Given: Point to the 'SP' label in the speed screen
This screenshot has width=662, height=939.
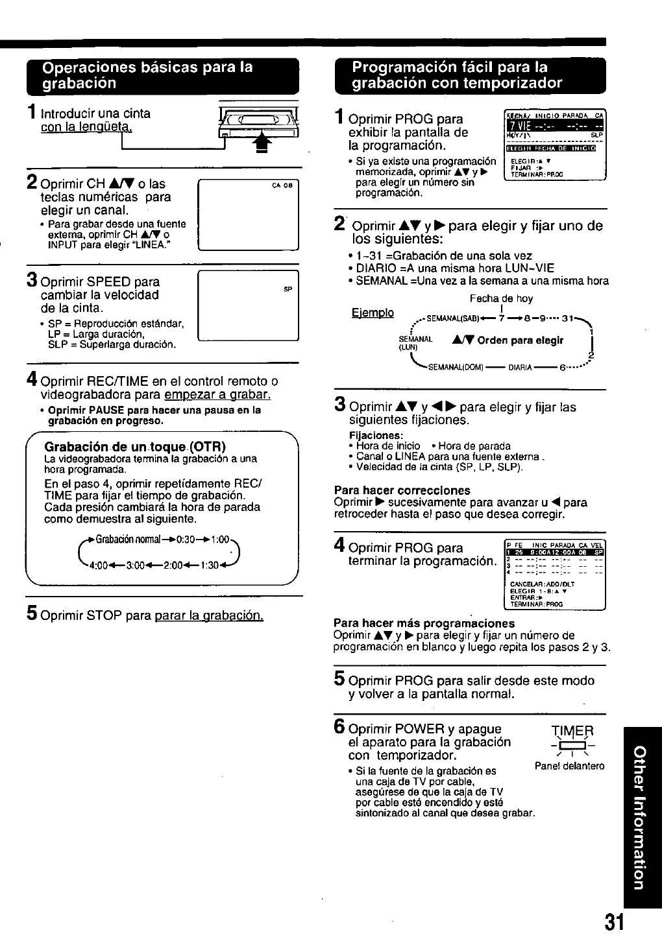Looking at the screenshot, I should tap(288, 289).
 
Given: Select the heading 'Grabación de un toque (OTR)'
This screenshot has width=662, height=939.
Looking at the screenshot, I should tap(134, 447).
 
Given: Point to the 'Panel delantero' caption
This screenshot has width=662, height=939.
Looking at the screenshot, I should tap(569, 766).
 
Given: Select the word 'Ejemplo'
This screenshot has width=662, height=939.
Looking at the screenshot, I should tap(373, 313).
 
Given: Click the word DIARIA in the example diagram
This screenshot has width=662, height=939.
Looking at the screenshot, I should tap(521, 368).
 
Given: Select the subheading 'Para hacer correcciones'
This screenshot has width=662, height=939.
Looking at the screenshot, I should tap(402, 490).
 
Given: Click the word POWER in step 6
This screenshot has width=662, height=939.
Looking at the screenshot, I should tap(416, 729).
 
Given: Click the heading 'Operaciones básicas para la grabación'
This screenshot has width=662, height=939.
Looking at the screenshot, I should tap(147, 75).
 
